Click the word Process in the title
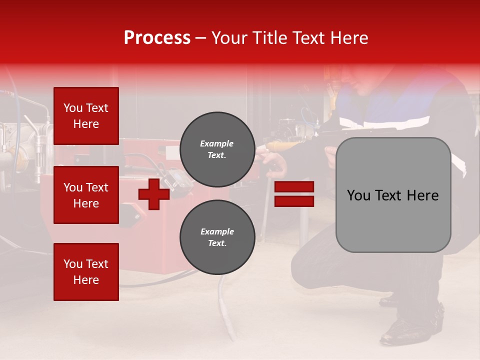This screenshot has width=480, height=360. pyautogui.click(x=157, y=38)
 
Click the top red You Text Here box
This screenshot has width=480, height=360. pyautogui.click(x=86, y=116)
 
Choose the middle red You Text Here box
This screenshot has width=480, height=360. pyautogui.click(x=86, y=195)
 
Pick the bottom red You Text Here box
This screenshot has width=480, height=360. pyautogui.click(x=86, y=272)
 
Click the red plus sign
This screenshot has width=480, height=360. pyautogui.click(x=154, y=194)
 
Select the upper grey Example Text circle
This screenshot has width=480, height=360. pyautogui.click(x=217, y=149)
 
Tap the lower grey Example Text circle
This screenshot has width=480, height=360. pyautogui.click(x=217, y=237)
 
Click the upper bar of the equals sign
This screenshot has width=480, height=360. pyautogui.click(x=294, y=187)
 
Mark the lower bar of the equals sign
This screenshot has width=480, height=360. pyautogui.click(x=294, y=201)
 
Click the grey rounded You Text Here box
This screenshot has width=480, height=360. pyautogui.click(x=393, y=195)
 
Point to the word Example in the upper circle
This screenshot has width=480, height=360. pyautogui.click(x=217, y=143)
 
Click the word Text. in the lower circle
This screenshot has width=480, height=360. pyautogui.click(x=217, y=243)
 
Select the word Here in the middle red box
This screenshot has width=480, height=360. pyautogui.click(x=86, y=203)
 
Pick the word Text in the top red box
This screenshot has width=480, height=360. pyautogui.click(x=97, y=108)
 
